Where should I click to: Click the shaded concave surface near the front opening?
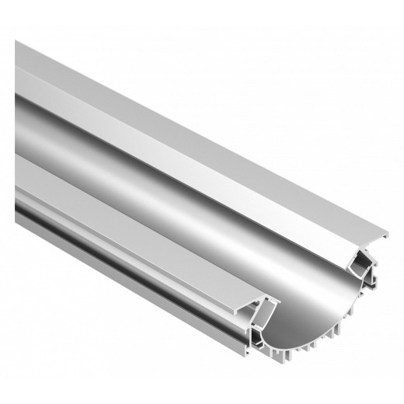point(311,280)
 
